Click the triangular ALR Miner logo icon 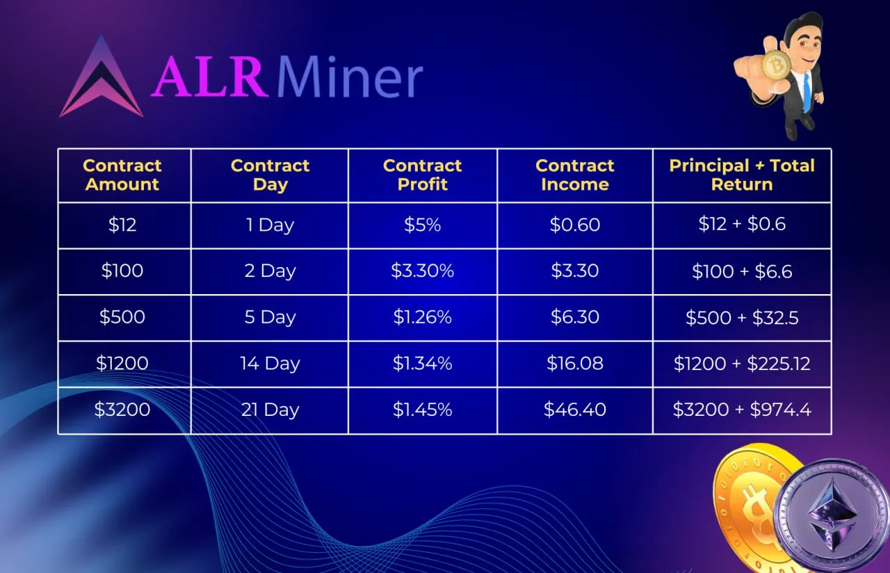[102, 79]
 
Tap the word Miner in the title [350, 76]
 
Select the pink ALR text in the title [209, 76]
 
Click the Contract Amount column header [122, 175]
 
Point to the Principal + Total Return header [742, 175]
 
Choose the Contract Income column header [574, 175]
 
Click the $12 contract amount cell [122, 225]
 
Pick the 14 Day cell [270, 364]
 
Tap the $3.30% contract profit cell [422, 271]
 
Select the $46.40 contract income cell [575, 410]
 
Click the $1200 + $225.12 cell [742, 364]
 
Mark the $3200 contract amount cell [122, 410]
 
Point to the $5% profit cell [422, 225]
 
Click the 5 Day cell [270, 317]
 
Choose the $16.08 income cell [575, 363]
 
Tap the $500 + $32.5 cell [742, 318]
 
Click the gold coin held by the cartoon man [776, 65]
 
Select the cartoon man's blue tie [806, 92]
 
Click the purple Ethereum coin [832, 515]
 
